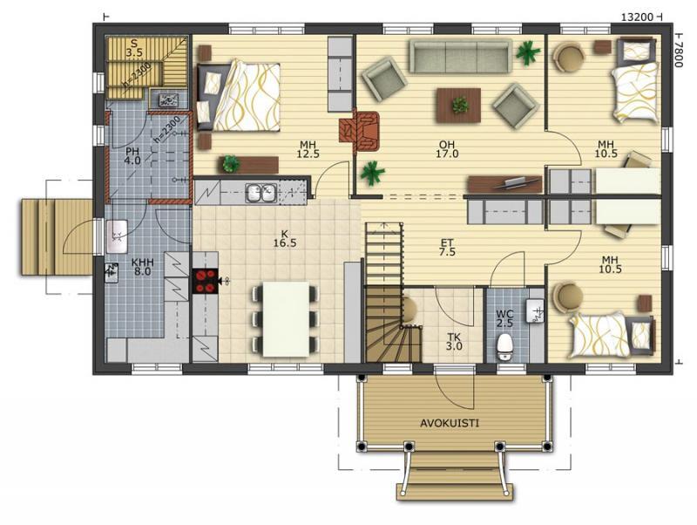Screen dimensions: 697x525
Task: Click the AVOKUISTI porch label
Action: coord(450,423)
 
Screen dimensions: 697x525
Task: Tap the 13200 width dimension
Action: coord(637,17)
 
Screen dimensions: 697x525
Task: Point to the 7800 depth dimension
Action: coord(678,50)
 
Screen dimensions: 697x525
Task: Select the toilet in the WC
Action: coord(504,346)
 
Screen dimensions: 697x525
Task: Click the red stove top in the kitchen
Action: coord(205,281)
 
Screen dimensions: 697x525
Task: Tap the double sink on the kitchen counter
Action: coord(261,193)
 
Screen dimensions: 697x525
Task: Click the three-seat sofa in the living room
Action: coord(460,57)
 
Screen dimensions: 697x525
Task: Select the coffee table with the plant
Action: coord(459,105)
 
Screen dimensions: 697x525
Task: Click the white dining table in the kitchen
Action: coord(287,318)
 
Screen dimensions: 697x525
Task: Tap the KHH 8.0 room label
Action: coord(142,267)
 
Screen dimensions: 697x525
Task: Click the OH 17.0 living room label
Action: coord(447,149)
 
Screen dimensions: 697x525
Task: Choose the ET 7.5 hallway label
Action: coord(447,248)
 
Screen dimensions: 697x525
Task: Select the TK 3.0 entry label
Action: coord(454,342)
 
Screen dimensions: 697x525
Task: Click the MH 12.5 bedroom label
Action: coord(308,149)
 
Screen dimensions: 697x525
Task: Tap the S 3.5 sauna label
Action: coord(133,48)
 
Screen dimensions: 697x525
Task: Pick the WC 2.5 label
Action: coord(505,318)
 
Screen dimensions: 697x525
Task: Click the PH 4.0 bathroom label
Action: coord(132,156)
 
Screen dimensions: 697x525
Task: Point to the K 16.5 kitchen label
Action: coord(285,238)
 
